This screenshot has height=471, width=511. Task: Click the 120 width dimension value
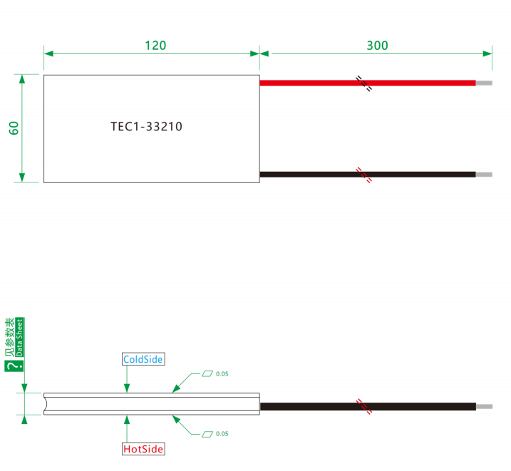click(155, 46)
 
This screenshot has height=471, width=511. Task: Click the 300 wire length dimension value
click(378, 46)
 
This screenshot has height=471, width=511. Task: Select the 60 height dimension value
click(14, 128)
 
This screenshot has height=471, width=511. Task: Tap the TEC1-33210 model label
click(146, 126)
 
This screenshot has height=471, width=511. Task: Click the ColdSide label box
click(143, 359)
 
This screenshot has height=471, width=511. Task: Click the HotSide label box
click(143, 449)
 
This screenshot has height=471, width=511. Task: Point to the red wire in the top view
click(368, 83)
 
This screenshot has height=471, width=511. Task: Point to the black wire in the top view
click(368, 175)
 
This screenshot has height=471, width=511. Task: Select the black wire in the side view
click(368, 406)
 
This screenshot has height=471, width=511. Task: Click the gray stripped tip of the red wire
click(484, 83)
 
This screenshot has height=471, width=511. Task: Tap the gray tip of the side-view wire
click(485, 406)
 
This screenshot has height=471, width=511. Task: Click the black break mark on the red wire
click(363, 83)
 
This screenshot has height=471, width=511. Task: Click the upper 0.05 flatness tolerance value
click(222, 374)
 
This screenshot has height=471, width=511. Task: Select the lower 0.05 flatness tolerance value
click(222, 434)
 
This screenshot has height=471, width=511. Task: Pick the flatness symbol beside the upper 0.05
click(207, 373)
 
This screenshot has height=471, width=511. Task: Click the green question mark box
click(14, 366)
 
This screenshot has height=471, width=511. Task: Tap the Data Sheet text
click(19, 337)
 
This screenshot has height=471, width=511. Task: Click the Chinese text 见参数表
click(10, 337)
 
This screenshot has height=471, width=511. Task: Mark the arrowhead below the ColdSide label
click(127, 388)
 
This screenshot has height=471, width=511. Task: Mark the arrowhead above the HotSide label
click(127, 420)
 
